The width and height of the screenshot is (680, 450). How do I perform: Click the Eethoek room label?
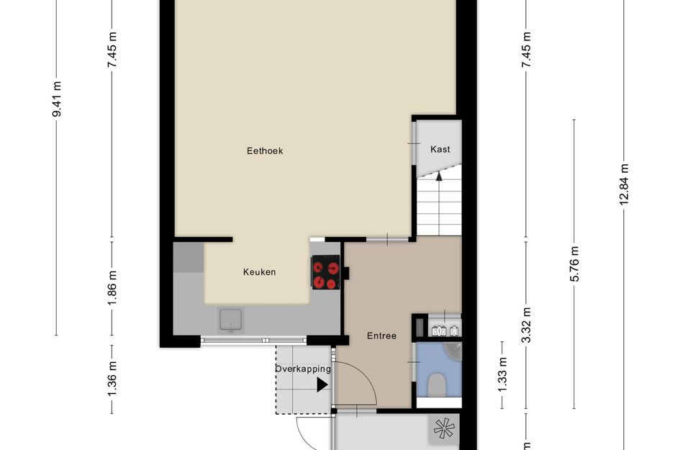pyautogui.click(x=265, y=150)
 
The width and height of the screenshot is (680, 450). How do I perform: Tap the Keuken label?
pyautogui.click(x=259, y=272)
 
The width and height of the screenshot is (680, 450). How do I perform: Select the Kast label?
pyautogui.click(x=440, y=149)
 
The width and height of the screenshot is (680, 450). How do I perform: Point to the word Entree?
pyautogui.click(x=381, y=336)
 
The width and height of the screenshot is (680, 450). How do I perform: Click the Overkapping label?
pyautogui.click(x=303, y=369)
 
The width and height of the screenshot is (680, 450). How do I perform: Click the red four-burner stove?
pyautogui.click(x=326, y=273)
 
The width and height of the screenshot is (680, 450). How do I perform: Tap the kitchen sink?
pyautogui.click(x=231, y=320)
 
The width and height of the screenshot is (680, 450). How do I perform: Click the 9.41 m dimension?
pyautogui.click(x=56, y=99)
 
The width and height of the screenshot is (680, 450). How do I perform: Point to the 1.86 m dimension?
pyautogui.click(x=112, y=288)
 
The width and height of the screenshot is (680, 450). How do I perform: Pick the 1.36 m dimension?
pyautogui.click(x=112, y=379)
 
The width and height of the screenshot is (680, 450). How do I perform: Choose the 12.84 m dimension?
pyautogui.click(x=624, y=184)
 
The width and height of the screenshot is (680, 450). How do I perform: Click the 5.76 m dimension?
pyautogui.click(x=574, y=264)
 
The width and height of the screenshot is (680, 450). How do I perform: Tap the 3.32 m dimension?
pyautogui.click(x=526, y=325)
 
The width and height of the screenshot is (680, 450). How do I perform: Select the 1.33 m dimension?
pyautogui.click(x=502, y=374)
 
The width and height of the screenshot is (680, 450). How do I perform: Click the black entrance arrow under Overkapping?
pyautogui.click(x=322, y=385)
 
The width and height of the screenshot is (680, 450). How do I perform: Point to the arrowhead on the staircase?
pyautogui.click(x=439, y=176)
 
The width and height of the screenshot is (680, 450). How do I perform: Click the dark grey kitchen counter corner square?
pyautogui.click(x=189, y=258)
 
